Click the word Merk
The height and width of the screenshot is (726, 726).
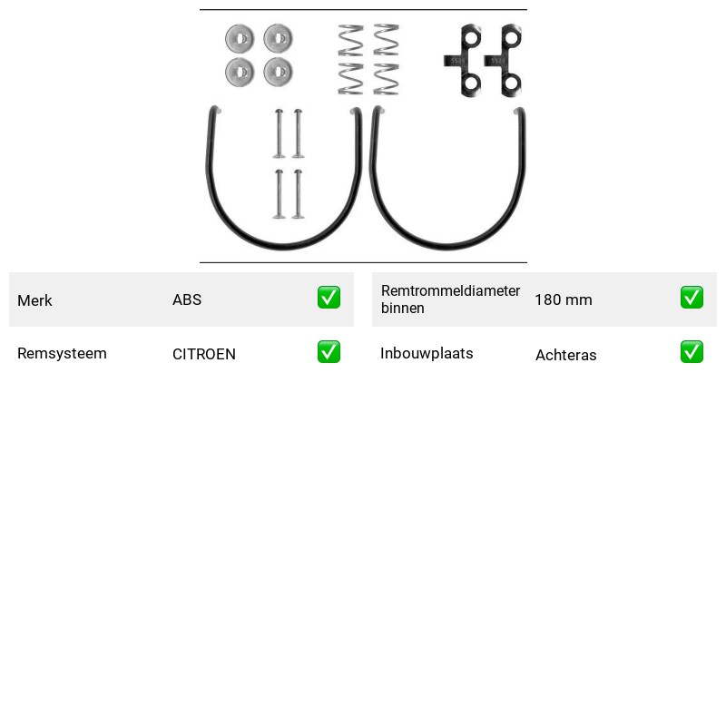pyautogui.click(x=34, y=300)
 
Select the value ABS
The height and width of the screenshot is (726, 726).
pyautogui.click(x=187, y=299)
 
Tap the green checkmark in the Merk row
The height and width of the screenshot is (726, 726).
pyautogui.click(x=329, y=298)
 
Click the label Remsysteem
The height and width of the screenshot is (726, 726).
pyautogui.click(x=62, y=353)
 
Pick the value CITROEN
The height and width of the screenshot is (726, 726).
pyautogui.click(x=204, y=354)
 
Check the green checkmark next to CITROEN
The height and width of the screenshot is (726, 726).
pyautogui.click(x=329, y=352)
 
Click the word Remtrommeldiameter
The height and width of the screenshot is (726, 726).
pyautogui.click(x=450, y=290)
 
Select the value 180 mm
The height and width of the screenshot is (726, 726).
pyautogui.click(x=564, y=299)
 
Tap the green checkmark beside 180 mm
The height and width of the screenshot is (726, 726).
pyautogui.click(x=692, y=298)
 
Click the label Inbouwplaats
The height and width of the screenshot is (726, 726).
pyautogui.click(x=427, y=353)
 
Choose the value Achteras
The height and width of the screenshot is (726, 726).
pyautogui.click(x=566, y=355)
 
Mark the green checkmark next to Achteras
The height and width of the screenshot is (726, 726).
pyautogui.click(x=692, y=352)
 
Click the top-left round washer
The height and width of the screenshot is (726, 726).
pyautogui.click(x=240, y=38)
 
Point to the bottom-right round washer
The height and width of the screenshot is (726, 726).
pyautogui.click(x=278, y=72)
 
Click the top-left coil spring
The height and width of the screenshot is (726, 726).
pyautogui.click(x=350, y=41)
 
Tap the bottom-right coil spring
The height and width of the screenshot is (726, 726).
pyautogui.click(x=387, y=79)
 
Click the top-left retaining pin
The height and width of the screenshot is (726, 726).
pyautogui.click(x=279, y=133)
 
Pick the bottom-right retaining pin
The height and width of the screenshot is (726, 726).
pyautogui.click(x=299, y=194)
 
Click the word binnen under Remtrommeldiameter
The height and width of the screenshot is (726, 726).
pyautogui.click(x=403, y=309)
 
